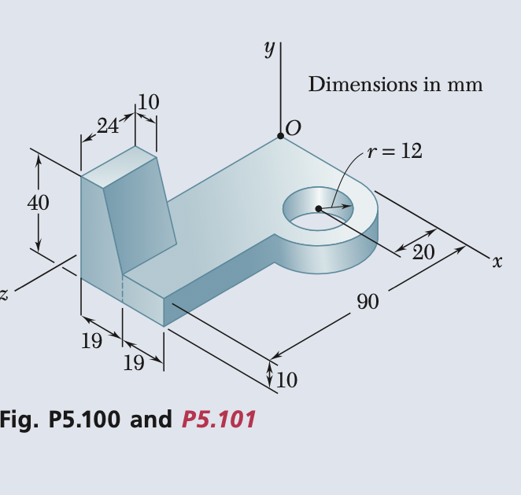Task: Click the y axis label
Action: (x=269, y=49)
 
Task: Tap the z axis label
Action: (x=4, y=295)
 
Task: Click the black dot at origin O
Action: (x=280, y=137)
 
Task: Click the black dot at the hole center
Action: (x=318, y=208)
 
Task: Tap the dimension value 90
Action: (x=368, y=301)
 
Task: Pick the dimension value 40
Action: (x=38, y=203)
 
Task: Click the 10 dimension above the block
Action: (x=148, y=101)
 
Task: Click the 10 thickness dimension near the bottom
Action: (x=287, y=381)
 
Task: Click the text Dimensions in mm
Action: (x=395, y=84)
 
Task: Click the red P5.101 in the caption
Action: (x=218, y=420)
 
